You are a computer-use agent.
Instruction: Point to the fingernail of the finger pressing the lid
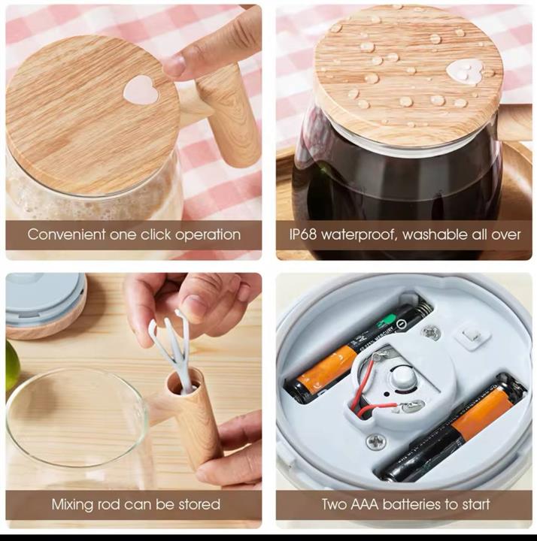(174, 65)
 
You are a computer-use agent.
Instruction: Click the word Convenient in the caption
(66, 234)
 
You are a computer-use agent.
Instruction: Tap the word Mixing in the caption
(72, 504)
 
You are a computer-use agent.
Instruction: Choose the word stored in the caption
(199, 504)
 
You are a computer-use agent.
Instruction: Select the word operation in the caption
(208, 235)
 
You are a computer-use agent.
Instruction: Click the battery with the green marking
(357, 351)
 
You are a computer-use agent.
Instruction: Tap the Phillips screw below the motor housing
(376, 441)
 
